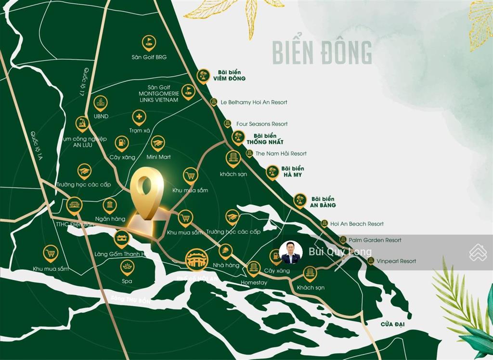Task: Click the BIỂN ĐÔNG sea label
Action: [x=322, y=53]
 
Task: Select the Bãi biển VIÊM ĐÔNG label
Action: [x=229, y=75]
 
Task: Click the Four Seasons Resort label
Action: [x=262, y=124]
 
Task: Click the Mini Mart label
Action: [x=158, y=157]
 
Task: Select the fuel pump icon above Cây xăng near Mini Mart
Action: [x=121, y=143]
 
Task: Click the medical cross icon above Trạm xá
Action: [x=139, y=117]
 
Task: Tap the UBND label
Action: [x=101, y=116]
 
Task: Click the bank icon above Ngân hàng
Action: [x=110, y=205]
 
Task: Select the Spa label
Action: [x=127, y=281]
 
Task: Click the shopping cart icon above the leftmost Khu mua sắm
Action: [x=50, y=252]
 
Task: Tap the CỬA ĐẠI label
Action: [x=392, y=324]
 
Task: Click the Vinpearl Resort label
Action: [x=397, y=261]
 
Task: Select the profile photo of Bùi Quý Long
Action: [x=291, y=252]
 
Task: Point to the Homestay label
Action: [x=254, y=282]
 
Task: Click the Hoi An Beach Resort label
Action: [x=357, y=224]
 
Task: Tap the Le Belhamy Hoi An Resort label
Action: [x=254, y=102]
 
